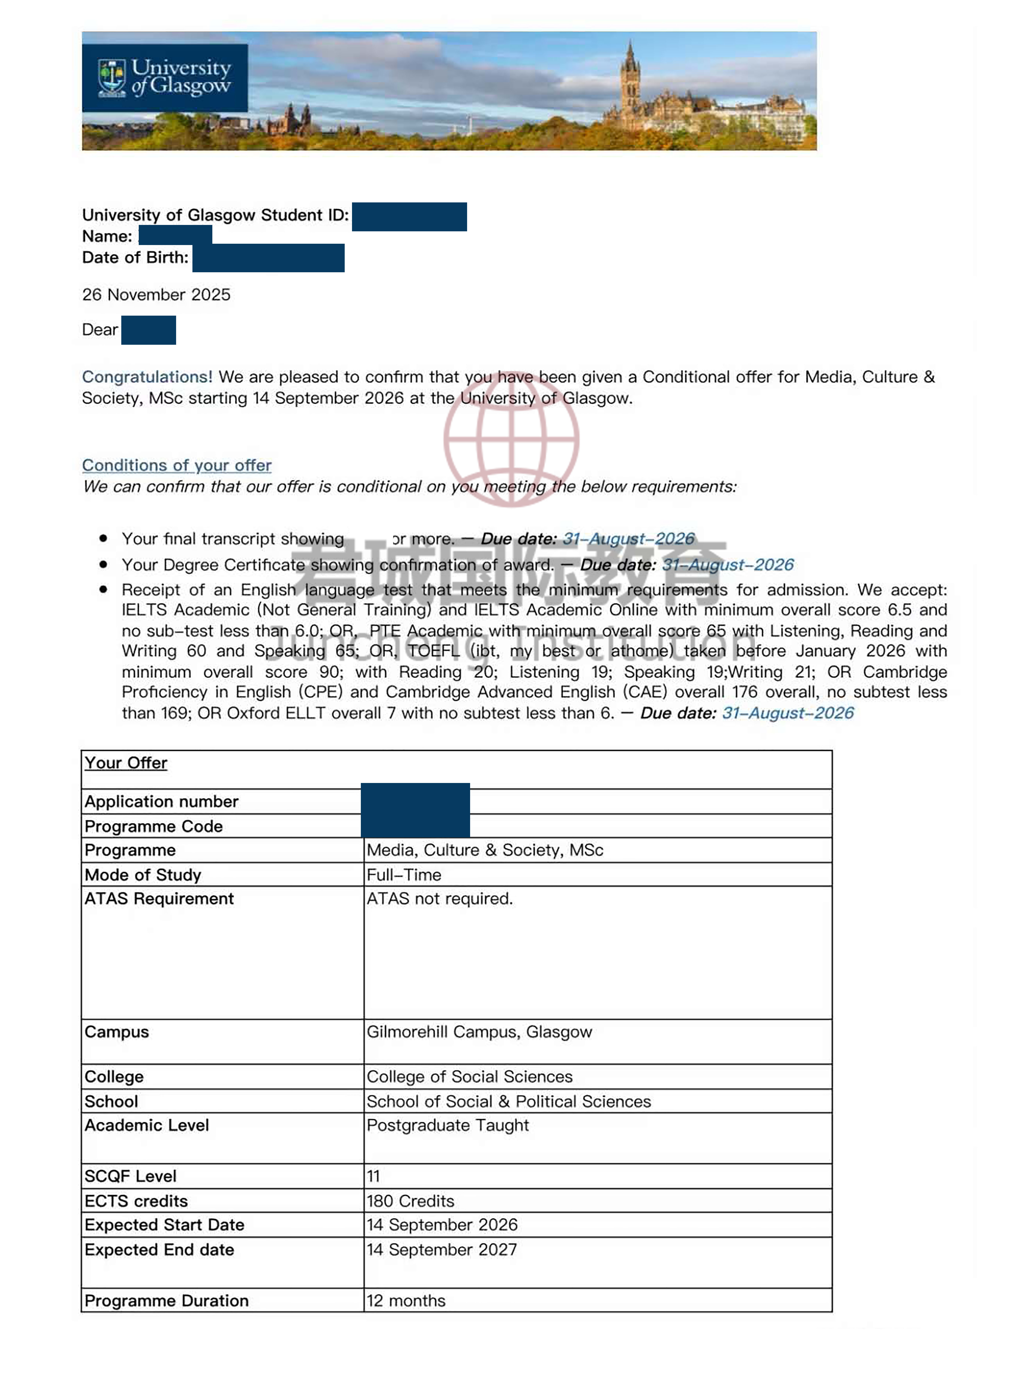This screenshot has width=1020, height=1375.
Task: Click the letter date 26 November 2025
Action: [156, 295]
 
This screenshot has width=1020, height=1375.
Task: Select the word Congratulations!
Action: [147, 377]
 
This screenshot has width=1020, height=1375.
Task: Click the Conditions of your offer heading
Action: [177, 465]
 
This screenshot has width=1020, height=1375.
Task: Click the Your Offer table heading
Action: [126, 763]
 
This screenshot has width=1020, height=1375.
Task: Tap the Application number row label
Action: [161, 801]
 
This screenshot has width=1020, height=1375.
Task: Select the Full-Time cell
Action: [404, 875]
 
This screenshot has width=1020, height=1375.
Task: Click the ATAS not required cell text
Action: [440, 899]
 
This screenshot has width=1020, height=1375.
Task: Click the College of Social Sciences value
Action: [469, 1077]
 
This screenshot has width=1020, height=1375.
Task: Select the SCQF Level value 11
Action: [374, 1176]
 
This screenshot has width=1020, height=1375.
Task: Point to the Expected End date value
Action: [441, 1250]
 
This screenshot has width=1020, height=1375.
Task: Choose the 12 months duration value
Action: [406, 1301]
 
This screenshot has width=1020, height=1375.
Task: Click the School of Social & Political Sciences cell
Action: [509, 1101]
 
